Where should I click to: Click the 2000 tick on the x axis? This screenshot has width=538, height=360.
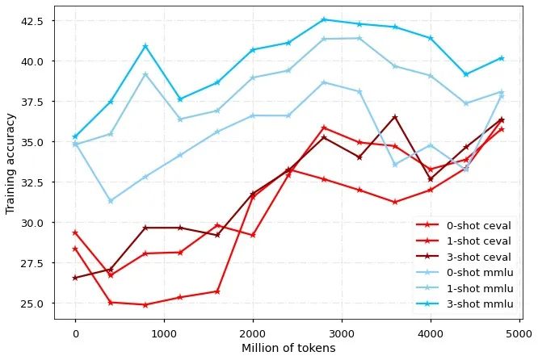(253, 333)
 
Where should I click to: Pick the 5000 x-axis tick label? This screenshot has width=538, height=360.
(519, 333)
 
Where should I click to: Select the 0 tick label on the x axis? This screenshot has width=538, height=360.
(75, 333)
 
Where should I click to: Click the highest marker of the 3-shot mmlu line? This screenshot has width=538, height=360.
(324, 19)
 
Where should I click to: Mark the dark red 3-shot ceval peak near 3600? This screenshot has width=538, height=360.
(395, 117)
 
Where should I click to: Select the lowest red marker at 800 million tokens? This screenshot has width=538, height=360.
(145, 305)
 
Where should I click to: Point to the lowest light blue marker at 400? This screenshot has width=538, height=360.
(111, 201)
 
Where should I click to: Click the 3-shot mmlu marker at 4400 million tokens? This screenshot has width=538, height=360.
(466, 74)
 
